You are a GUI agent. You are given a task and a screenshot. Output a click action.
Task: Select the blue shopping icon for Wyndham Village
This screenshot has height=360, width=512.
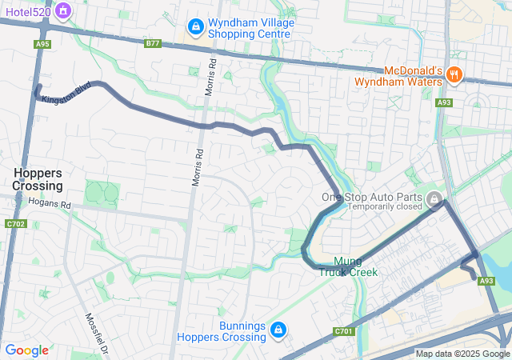pyautogui.click(x=194, y=29)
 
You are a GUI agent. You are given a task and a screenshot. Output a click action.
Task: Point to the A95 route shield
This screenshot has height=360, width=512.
pyautogui.click(x=42, y=44)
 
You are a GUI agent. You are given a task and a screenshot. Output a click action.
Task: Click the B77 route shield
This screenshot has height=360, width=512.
pyautogui.click(x=153, y=44)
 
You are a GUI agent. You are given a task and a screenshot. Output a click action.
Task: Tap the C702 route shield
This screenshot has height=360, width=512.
pyautogui.click(x=16, y=224)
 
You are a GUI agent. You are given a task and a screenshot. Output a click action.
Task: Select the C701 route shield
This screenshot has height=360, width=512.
pyautogui.click(x=344, y=331)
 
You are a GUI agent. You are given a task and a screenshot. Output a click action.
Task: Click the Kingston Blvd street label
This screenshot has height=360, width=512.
pyautogui.click(x=67, y=91)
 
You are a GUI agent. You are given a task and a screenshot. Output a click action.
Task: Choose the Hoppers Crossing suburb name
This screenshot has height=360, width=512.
pyautogui.click(x=38, y=179)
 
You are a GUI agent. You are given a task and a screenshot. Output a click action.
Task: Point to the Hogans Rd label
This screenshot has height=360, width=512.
pyautogui.click(x=50, y=205)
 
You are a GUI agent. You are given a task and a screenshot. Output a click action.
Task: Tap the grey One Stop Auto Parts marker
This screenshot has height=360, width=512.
pyautogui.click(x=434, y=198)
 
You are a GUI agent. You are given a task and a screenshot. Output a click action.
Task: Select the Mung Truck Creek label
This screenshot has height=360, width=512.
pyautogui.click(x=348, y=266)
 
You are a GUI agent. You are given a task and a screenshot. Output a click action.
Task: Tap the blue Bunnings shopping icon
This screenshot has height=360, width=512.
pyautogui.click(x=278, y=330)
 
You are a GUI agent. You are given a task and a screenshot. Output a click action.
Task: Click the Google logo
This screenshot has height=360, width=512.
pyautogui.click(x=26, y=350)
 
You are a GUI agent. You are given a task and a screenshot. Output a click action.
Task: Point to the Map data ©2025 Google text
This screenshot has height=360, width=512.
pyautogui.click(x=462, y=354)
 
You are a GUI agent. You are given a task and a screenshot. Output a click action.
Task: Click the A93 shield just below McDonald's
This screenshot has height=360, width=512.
pyautogui.click(x=444, y=102)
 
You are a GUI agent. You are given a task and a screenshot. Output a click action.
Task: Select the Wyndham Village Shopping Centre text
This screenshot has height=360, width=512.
pyautogui.click(x=250, y=28)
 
